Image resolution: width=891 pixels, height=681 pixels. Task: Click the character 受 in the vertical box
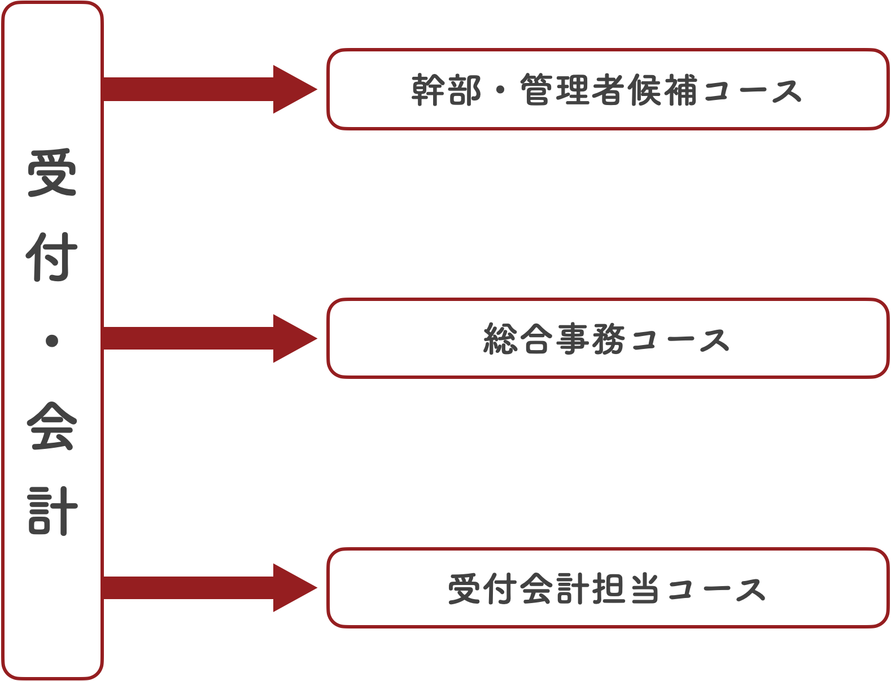(x=51, y=173)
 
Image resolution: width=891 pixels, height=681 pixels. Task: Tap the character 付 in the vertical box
(x=51, y=257)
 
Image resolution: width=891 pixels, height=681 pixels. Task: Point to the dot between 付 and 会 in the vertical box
(x=52, y=341)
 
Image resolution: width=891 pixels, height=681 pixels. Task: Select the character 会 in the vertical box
(x=51, y=426)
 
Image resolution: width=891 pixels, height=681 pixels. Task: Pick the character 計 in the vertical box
(x=51, y=511)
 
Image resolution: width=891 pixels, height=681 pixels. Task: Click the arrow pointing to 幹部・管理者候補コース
(x=209, y=89)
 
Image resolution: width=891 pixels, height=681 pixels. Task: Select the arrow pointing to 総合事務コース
(x=209, y=339)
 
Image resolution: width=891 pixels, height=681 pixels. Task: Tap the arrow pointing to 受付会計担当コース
(x=209, y=588)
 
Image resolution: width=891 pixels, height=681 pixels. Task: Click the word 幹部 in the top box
(x=446, y=90)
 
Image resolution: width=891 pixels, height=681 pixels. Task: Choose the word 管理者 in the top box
(x=573, y=90)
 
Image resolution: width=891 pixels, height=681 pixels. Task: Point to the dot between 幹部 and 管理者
(x=500, y=90)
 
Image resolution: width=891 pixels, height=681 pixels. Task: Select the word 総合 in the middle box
(x=518, y=339)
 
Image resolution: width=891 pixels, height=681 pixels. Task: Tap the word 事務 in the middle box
(x=589, y=339)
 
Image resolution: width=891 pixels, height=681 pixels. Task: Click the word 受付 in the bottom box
(x=482, y=589)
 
